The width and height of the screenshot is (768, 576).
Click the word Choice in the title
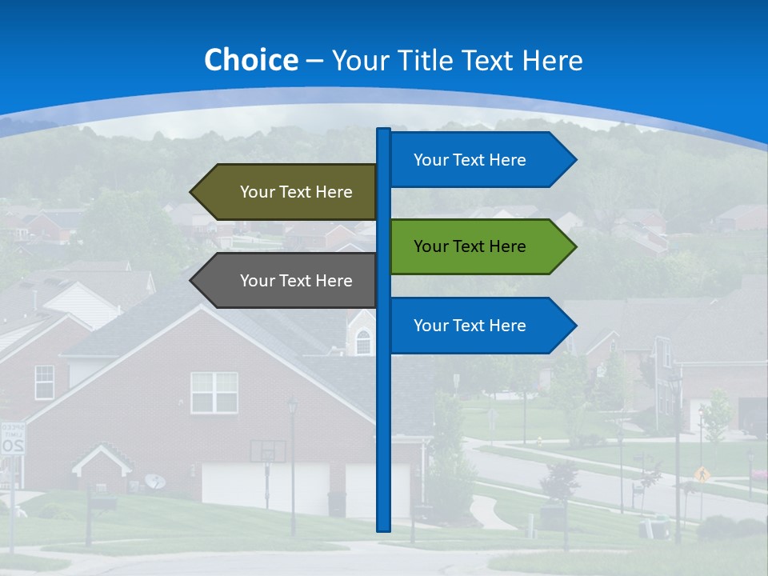tap(250, 60)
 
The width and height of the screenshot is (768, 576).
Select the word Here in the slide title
tap(552, 60)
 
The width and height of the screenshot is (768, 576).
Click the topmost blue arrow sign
tap(480, 160)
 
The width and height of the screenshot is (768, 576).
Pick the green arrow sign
tap(480, 246)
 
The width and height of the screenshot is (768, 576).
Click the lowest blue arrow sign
tap(480, 326)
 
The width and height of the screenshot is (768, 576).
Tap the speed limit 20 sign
tap(12, 439)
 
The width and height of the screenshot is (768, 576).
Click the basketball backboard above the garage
tap(267, 450)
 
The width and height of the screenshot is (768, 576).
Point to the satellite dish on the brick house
tap(155, 482)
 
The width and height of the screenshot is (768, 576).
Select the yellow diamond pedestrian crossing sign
tap(702, 474)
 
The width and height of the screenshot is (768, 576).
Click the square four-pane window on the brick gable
tap(214, 392)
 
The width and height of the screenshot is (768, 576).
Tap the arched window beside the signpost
tap(363, 342)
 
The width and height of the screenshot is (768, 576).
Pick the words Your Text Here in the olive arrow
tap(296, 192)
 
